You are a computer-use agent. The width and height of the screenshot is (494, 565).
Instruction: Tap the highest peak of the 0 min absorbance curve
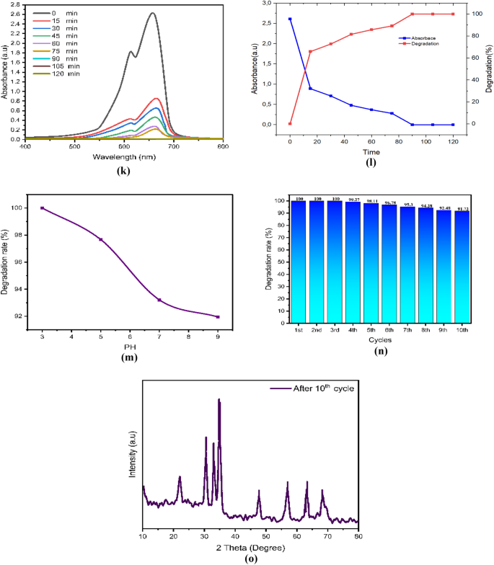[152, 13]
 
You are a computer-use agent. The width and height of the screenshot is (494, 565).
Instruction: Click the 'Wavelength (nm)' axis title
[124, 156]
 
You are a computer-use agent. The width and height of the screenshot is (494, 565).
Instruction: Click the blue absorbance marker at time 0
[290, 19]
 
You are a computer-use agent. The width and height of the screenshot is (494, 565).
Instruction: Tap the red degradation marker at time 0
[290, 124]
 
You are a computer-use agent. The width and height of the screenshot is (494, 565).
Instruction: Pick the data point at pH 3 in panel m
[42, 208]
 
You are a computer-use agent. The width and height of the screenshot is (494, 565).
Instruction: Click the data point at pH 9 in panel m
[218, 317]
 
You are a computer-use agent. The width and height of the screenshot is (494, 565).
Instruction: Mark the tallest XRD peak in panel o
[219, 400]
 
